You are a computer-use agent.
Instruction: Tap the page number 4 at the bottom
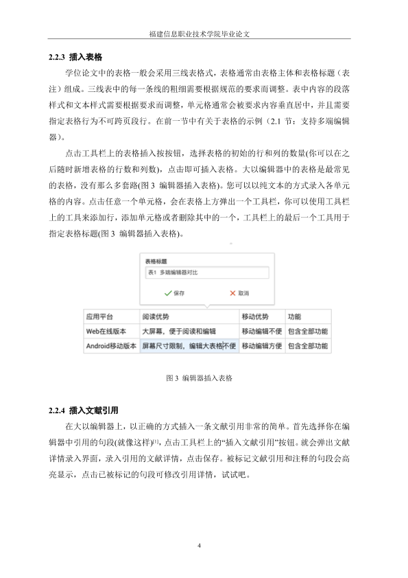[199, 546]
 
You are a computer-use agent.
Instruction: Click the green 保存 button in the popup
[174, 292]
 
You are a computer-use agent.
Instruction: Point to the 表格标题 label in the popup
[157, 262]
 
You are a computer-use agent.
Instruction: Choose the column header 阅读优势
[156, 317]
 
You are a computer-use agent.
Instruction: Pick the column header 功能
[294, 317]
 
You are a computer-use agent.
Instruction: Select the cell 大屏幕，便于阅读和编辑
[178, 331]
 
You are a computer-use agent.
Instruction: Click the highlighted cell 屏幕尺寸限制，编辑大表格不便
[189, 346]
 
